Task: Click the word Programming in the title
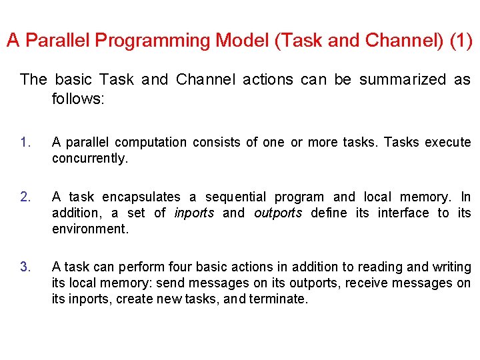coord(153,41)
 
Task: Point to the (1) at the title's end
coord(461,41)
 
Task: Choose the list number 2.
coord(25,197)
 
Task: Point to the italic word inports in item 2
coord(194,213)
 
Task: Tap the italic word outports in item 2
coord(278,213)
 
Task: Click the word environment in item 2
coord(89,229)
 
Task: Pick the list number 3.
coord(25,267)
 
